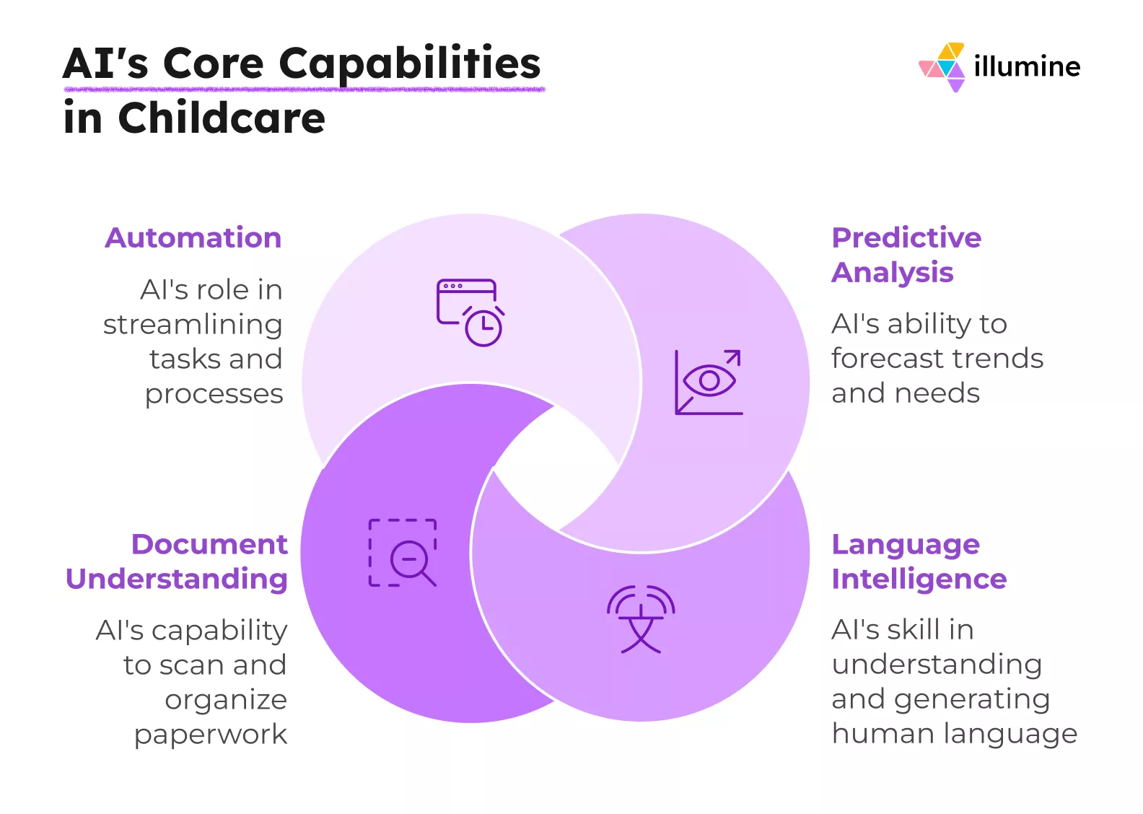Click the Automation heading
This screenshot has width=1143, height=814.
[193, 238]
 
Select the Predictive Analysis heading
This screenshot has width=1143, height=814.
[906, 255]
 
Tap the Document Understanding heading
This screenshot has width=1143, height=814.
[177, 561]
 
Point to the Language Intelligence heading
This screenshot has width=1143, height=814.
[918, 561]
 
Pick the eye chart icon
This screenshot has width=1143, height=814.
[709, 382]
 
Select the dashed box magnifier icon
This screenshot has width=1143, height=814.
[403, 553]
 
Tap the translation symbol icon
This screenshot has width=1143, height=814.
[641, 619]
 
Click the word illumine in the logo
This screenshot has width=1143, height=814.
[1026, 66]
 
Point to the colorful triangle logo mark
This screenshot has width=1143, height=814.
[942, 67]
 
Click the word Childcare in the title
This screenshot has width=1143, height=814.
[222, 118]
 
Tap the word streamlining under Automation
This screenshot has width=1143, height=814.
[193, 325]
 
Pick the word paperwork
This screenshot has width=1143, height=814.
[211, 735]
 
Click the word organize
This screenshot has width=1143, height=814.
[226, 700]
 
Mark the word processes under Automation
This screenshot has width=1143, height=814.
[214, 394]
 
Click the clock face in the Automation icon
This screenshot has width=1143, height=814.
[483, 328]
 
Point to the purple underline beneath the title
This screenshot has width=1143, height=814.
[304, 89]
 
